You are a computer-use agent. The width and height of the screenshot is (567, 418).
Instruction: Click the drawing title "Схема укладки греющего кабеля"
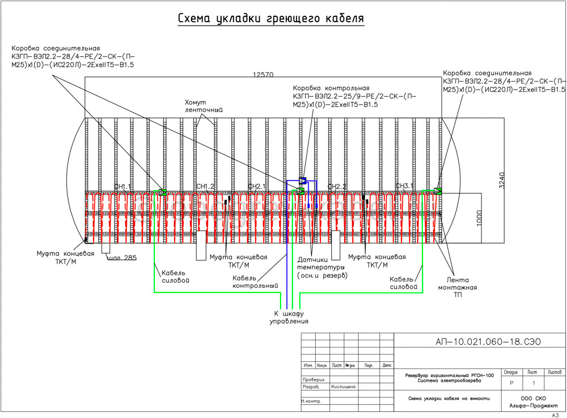[270, 19]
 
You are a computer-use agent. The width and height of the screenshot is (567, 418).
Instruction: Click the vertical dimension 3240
[501, 179]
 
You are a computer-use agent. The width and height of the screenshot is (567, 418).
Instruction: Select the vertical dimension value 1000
[479, 219]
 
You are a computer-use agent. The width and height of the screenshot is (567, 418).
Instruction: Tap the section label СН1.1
[122, 186]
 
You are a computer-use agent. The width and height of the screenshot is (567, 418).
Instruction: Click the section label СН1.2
[205, 186]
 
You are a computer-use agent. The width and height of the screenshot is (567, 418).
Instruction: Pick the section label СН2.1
[256, 186]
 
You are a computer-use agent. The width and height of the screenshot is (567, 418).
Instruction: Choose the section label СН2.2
[337, 186]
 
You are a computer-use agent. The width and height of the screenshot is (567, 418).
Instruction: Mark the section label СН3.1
[405, 186]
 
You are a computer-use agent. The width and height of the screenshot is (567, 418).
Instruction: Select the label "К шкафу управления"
[289, 317]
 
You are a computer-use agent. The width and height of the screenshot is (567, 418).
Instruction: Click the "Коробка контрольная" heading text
[331, 89]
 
